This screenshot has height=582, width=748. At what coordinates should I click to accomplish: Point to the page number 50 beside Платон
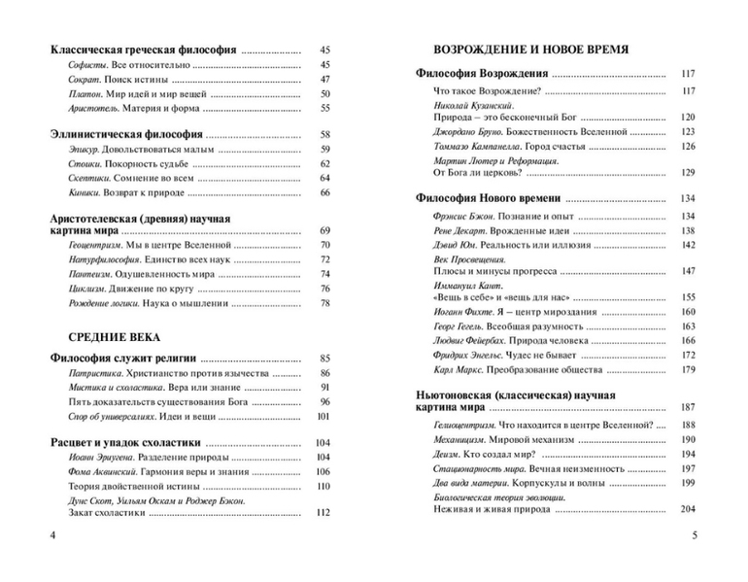click(324, 94)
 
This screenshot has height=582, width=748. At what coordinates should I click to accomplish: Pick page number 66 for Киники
click(324, 193)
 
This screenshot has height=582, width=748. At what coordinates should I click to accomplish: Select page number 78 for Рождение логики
click(324, 304)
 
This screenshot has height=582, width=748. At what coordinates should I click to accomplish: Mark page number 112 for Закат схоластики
click(323, 512)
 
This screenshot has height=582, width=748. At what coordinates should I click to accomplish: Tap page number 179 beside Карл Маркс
click(689, 369)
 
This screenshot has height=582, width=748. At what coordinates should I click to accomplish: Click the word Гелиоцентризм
click(472, 425)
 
